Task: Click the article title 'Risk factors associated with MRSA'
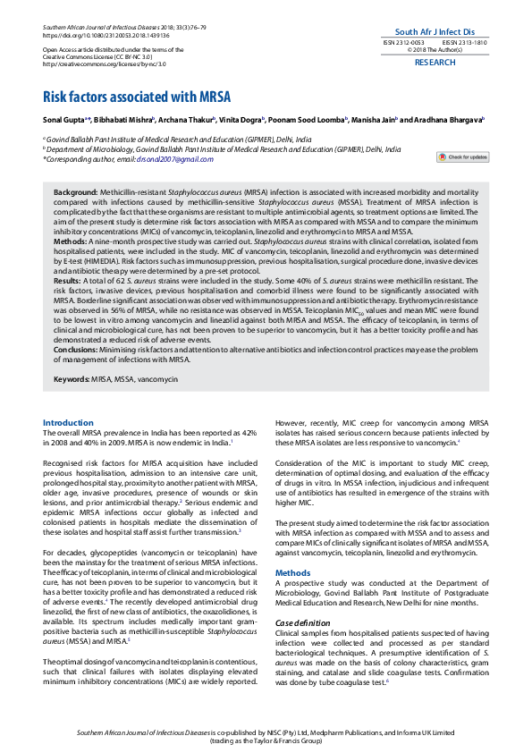(x=137, y=97)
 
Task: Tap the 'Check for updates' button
(x=462, y=157)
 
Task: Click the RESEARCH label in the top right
(x=435, y=63)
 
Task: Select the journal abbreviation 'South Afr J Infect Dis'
(x=435, y=30)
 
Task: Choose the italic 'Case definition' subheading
(x=302, y=596)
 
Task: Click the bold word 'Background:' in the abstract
(x=75, y=193)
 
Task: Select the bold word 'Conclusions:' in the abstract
(x=78, y=351)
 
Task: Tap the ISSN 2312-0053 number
(x=403, y=42)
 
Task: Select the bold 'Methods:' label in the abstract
(x=70, y=241)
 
